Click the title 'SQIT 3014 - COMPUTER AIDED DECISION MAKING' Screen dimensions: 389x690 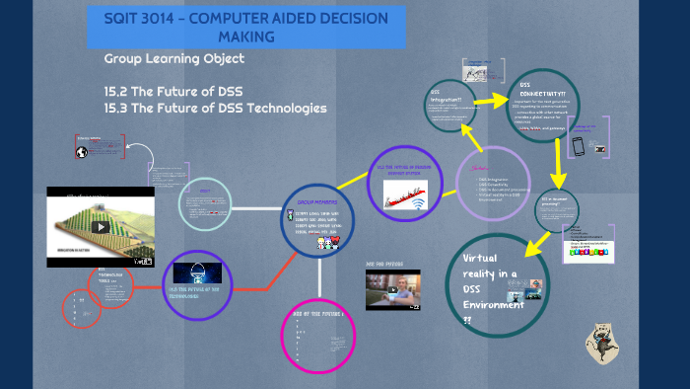pos(246,27)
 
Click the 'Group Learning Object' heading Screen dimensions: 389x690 pos(174,59)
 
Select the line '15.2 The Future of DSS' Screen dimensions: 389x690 pos(173,92)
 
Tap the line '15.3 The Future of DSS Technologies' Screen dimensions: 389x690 pos(215,108)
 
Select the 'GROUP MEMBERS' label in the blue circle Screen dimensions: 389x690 pos(317,200)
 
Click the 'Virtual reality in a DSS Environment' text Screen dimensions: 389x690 pos(482,281)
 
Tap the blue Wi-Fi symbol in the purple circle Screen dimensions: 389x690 pos(417,203)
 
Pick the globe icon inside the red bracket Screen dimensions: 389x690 pos(82,151)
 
